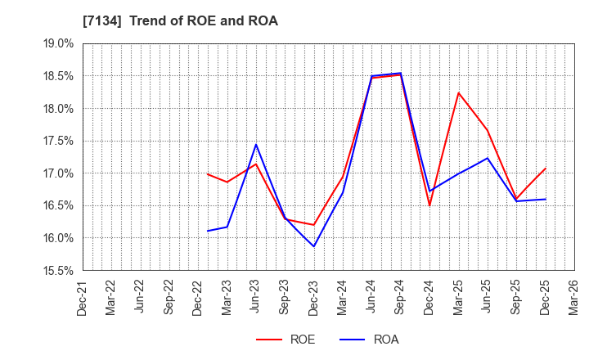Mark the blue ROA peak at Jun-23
click(x=256, y=145)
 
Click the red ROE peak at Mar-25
click(x=458, y=92)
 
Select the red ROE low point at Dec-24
click(x=429, y=205)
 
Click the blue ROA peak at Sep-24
click(x=401, y=73)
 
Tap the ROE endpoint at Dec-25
click(x=546, y=169)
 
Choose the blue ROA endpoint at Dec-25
click(x=546, y=199)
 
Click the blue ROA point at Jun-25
click(x=488, y=158)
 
